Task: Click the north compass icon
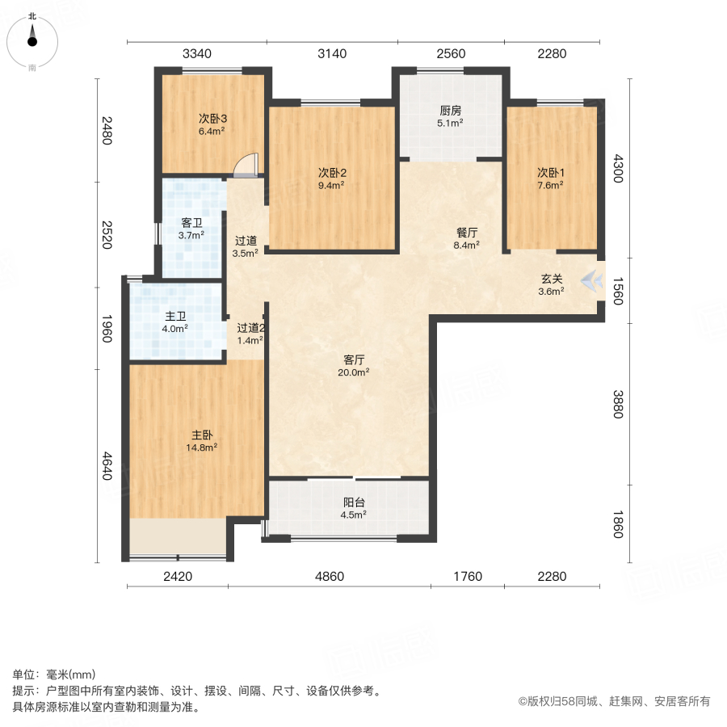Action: click(32, 39)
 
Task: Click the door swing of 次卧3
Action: click(246, 165)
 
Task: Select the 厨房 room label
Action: click(451, 111)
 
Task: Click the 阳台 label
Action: click(354, 500)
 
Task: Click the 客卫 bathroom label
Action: click(191, 222)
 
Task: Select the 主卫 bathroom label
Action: click(174, 316)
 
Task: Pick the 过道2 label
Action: click(250, 327)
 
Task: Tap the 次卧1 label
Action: click(551, 171)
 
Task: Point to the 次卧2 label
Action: click(331, 172)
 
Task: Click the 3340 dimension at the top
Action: click(197, 54)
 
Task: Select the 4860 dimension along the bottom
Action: click(330, 577)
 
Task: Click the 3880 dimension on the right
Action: click(618, 404)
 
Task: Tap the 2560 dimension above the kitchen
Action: click(451, 54)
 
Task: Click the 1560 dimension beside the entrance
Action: click(618, 289)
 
